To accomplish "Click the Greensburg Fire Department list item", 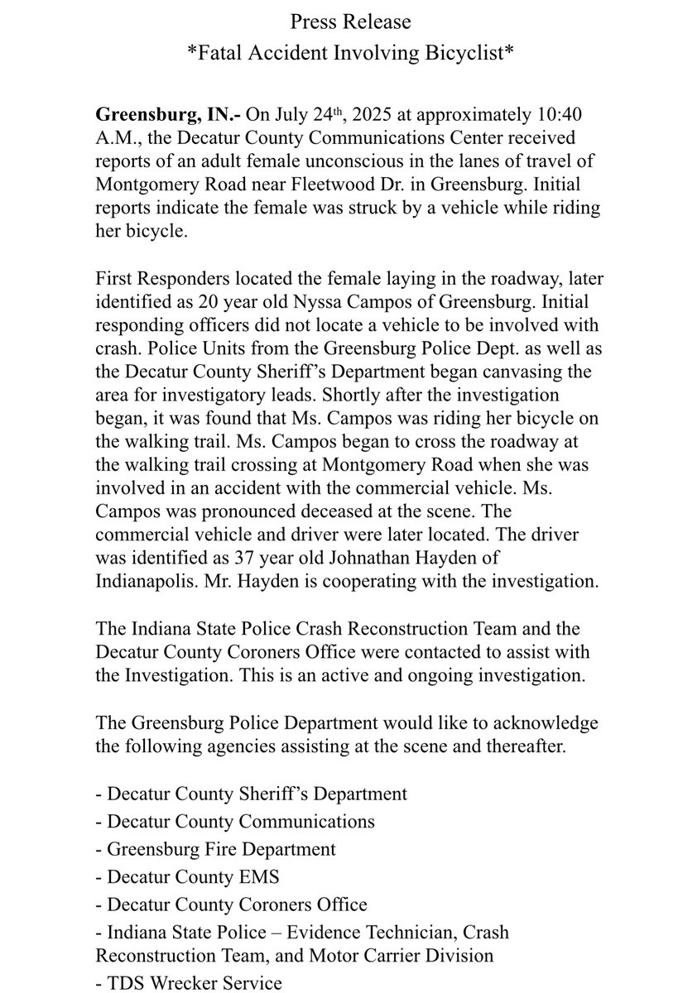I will click(216, 849).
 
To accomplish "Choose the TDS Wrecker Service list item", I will click(189, 983).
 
